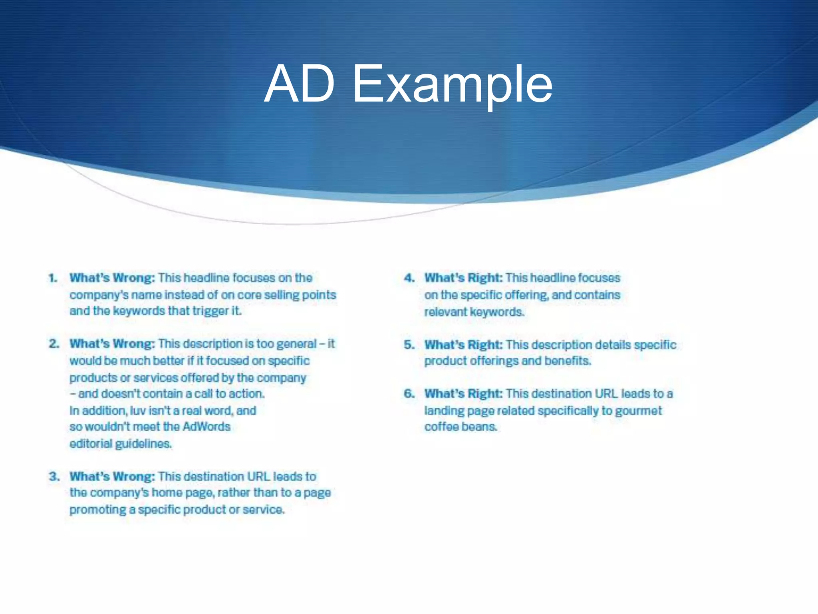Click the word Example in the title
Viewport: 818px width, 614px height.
[x=453, y=84]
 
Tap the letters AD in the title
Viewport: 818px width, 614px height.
[x=300, y=84]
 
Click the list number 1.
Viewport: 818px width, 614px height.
[x=53, y=278]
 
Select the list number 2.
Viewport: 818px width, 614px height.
[x=54, y=344]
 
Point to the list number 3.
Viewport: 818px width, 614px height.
[x=54, y=476]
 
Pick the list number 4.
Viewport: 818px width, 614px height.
[x=409, y=278]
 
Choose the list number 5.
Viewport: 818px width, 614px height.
[x=409, y=345]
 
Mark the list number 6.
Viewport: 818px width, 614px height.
[x=409, y=394]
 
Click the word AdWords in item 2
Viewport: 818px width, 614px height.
[x=206, y=427]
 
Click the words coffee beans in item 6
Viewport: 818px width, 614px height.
[x=461, y=427]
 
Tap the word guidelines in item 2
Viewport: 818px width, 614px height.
[x=143, y=444]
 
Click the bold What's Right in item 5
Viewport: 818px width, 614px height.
[x=463, y=345]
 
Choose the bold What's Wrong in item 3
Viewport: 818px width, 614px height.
[x=112, y=476]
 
